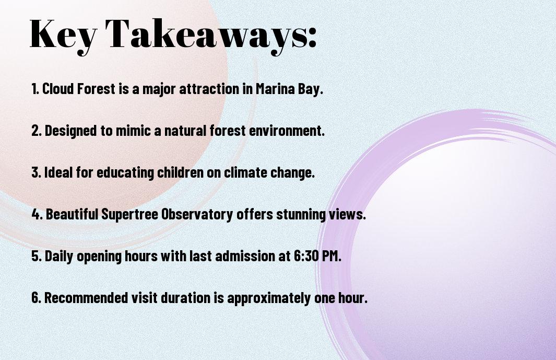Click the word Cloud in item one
click(x=58, y=89)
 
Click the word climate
click(x=245, y=172)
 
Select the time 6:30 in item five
click(x=305, y=256)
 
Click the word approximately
click(x=269, y=298)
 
